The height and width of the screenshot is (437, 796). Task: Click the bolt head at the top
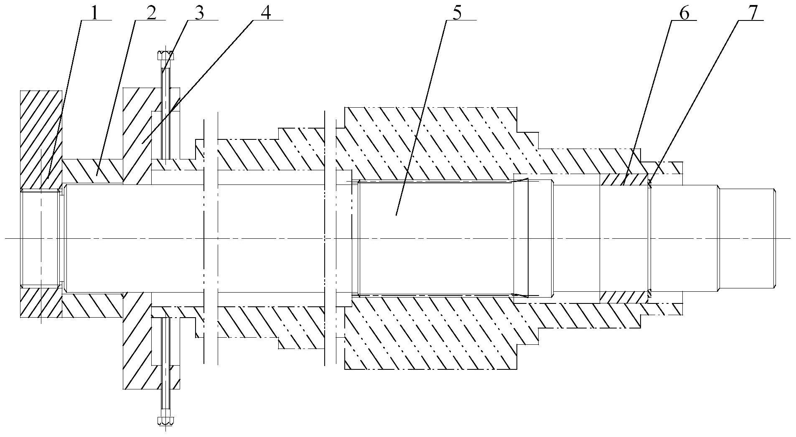pos(166,56)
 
